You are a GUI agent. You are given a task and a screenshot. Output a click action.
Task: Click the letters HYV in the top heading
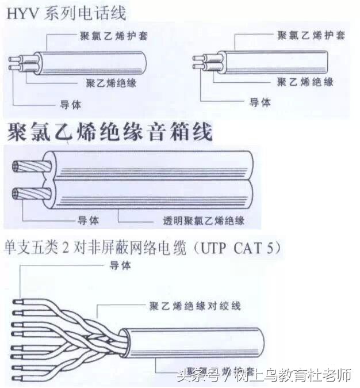[x=24, y=13]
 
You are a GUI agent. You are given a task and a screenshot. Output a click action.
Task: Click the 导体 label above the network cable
[x=120, y=265]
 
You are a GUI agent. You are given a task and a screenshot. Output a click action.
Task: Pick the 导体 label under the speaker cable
[x=88, y=220]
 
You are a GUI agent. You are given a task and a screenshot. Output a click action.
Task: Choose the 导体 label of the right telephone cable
[x=259, y=102]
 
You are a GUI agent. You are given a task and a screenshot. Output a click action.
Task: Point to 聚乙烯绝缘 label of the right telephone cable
[x=305, y=82]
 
